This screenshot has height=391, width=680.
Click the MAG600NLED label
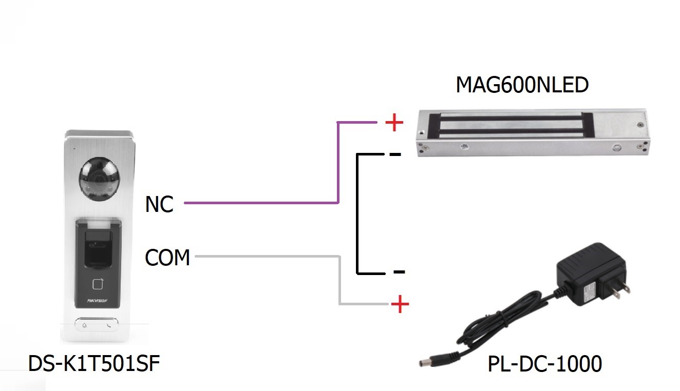tap(522, 85)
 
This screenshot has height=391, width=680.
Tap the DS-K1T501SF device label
tap(94, 363)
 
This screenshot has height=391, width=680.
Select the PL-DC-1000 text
tap(544, 364)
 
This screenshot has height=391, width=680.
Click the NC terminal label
tap(159, 204)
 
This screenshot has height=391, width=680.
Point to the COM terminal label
tap(167, 258)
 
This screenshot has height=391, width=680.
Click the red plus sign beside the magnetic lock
tap(394, 123)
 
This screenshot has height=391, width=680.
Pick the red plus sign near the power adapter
tap(400, 304)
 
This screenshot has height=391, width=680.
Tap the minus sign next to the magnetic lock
tap(395, 154)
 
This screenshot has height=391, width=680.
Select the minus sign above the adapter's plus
tap(399, 271)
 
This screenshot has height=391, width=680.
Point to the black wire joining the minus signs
tap(357, 214)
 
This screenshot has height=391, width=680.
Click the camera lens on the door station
tap(99, 179)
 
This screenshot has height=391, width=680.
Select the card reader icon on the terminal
tap(98, 284)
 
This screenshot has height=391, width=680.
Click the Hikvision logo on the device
tap(97, 301)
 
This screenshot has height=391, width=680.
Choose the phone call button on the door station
tap(109, 325)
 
